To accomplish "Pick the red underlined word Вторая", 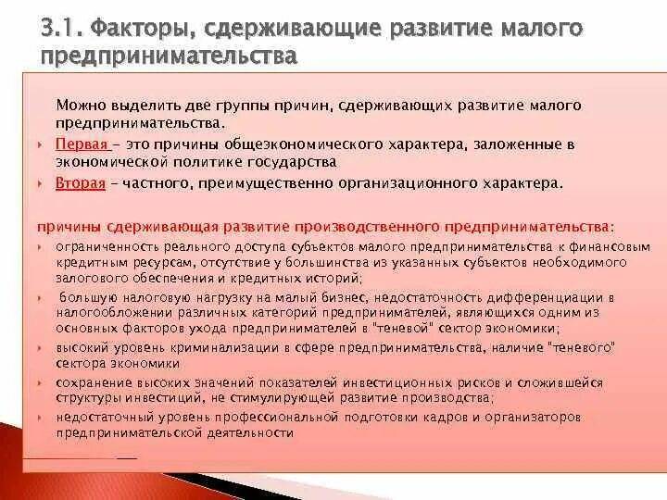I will pos(80,182).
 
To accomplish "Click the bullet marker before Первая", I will pos(43,146).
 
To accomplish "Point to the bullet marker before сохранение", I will pos(43,382).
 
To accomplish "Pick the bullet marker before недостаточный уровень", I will pos(43,418).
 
